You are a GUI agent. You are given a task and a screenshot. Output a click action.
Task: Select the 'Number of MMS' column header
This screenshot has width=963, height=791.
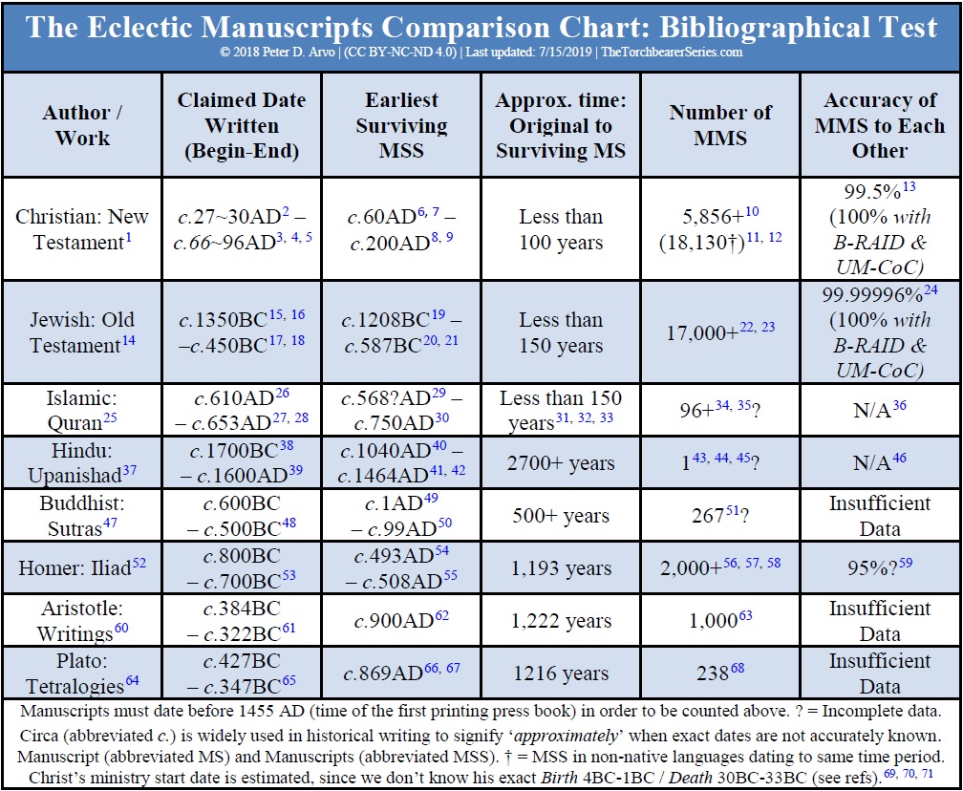[720, 124]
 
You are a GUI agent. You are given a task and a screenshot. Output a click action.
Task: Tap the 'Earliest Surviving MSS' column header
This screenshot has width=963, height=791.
[400, 124]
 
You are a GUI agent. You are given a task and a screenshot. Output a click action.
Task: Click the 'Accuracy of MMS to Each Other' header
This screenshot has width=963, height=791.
[880, 124]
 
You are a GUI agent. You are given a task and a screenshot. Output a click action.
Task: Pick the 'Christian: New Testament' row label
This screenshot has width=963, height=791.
[82, 229]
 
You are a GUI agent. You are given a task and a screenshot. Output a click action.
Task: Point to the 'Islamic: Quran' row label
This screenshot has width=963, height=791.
[82, 411]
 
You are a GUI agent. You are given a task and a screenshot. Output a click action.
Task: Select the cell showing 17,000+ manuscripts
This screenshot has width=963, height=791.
[713, 331]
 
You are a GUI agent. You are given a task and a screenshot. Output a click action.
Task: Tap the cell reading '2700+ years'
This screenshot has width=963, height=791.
[560, 463]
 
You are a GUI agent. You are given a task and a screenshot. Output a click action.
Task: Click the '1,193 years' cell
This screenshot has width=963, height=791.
[560, 568]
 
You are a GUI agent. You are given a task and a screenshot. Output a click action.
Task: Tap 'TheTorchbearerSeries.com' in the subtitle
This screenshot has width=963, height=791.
[671, 53]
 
